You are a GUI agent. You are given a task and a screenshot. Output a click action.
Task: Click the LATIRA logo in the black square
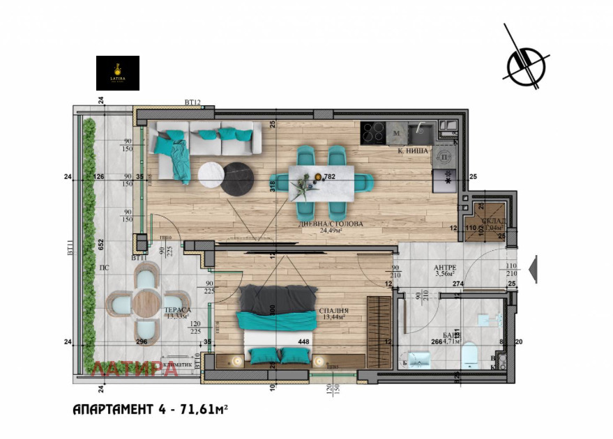tap(117, 73)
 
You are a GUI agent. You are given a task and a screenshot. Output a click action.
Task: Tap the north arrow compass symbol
tap(526, 65)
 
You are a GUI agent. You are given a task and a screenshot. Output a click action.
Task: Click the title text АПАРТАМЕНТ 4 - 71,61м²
tap(150, 410)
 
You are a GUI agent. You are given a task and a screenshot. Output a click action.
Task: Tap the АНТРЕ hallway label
tap(444, 267)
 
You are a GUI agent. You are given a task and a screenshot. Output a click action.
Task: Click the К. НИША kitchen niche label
tap(414, 151)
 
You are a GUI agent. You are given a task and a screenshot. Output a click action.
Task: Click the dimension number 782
tap(330, 177)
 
